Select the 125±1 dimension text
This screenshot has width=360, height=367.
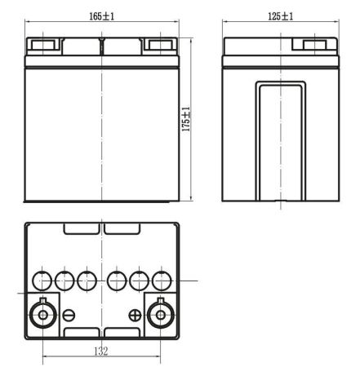(280, 15)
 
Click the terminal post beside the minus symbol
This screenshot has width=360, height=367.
(42, 314)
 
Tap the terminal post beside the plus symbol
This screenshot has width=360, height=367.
(161, 314)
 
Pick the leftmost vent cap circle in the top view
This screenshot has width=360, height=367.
(41, 281)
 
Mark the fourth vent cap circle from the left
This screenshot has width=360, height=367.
(118, 281)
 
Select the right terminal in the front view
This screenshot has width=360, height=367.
(160, 44)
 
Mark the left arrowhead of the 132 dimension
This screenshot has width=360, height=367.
(45, 356)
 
